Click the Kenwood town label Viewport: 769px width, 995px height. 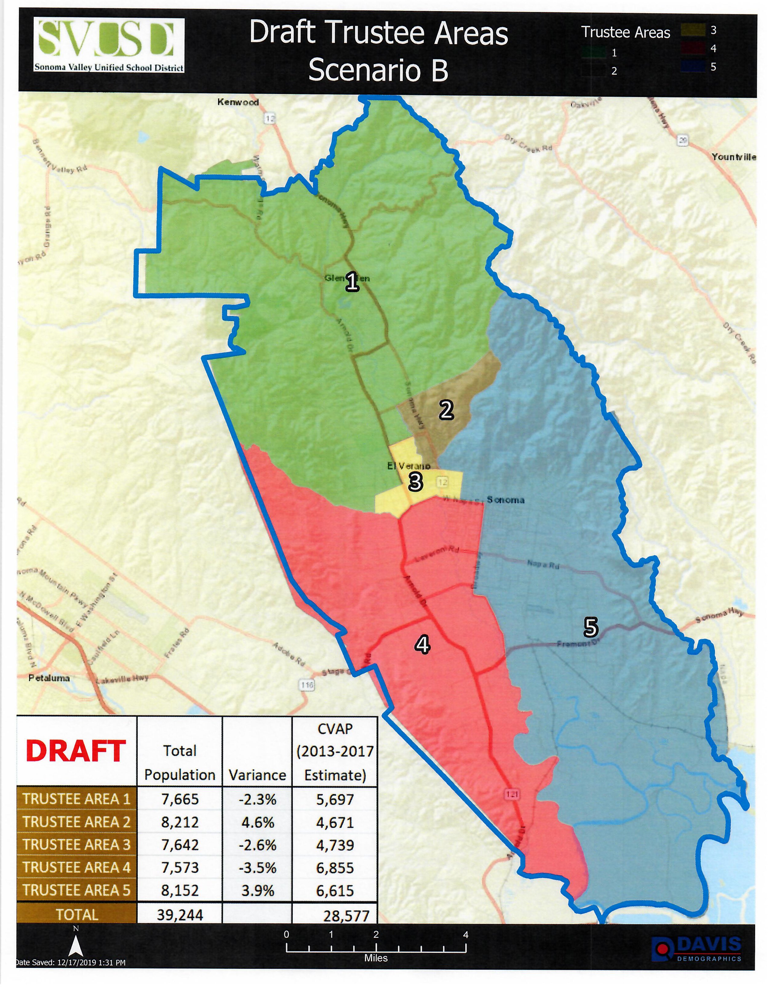click(x=237, y=102)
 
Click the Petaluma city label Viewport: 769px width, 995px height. click(x=49, y=678)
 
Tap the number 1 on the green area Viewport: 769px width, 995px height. click(x=352, y=282)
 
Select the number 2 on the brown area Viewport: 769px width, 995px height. click(x=446, y=410)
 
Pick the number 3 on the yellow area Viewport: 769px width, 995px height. click(x=415, y=482)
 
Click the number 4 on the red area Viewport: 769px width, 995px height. click(x=422, y=645)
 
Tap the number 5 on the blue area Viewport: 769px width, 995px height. click(x=590, y=628)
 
